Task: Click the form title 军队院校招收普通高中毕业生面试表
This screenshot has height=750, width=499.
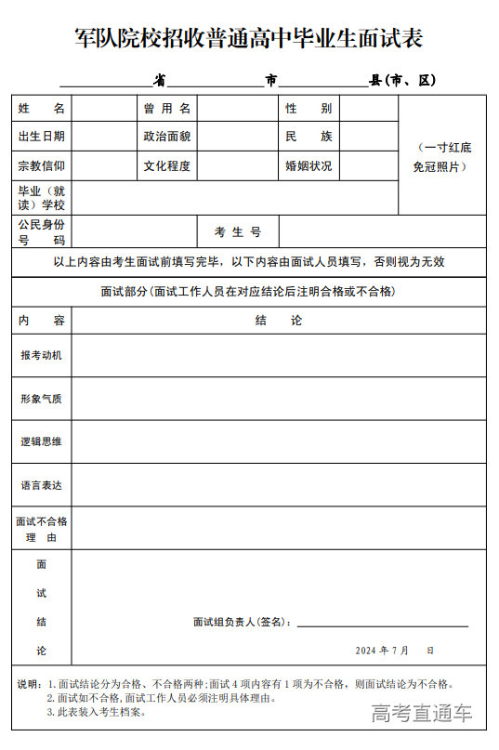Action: click(249, 38)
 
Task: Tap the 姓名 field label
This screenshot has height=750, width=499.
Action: click(42, 109)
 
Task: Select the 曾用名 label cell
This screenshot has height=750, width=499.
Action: click(167, 109)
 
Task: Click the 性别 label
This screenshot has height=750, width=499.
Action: click(309, 109)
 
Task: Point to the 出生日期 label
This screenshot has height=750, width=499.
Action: click(42, 137)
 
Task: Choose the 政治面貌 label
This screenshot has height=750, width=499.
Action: click(167, 137)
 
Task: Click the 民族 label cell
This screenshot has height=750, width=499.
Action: click(309, 137)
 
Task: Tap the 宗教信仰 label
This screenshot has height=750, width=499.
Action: click(42, 166)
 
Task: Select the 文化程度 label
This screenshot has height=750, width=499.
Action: click(167, 166)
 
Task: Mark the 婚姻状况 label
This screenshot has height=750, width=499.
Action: click(309, 166)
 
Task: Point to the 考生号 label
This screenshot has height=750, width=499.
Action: click(238, 232)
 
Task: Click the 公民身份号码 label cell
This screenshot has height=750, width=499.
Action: click(42, 232)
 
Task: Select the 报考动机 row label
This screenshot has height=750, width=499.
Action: click(42, 356)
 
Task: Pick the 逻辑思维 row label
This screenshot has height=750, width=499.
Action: click(42, 441)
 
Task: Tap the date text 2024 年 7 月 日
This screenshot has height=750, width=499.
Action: click(394, 651)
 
